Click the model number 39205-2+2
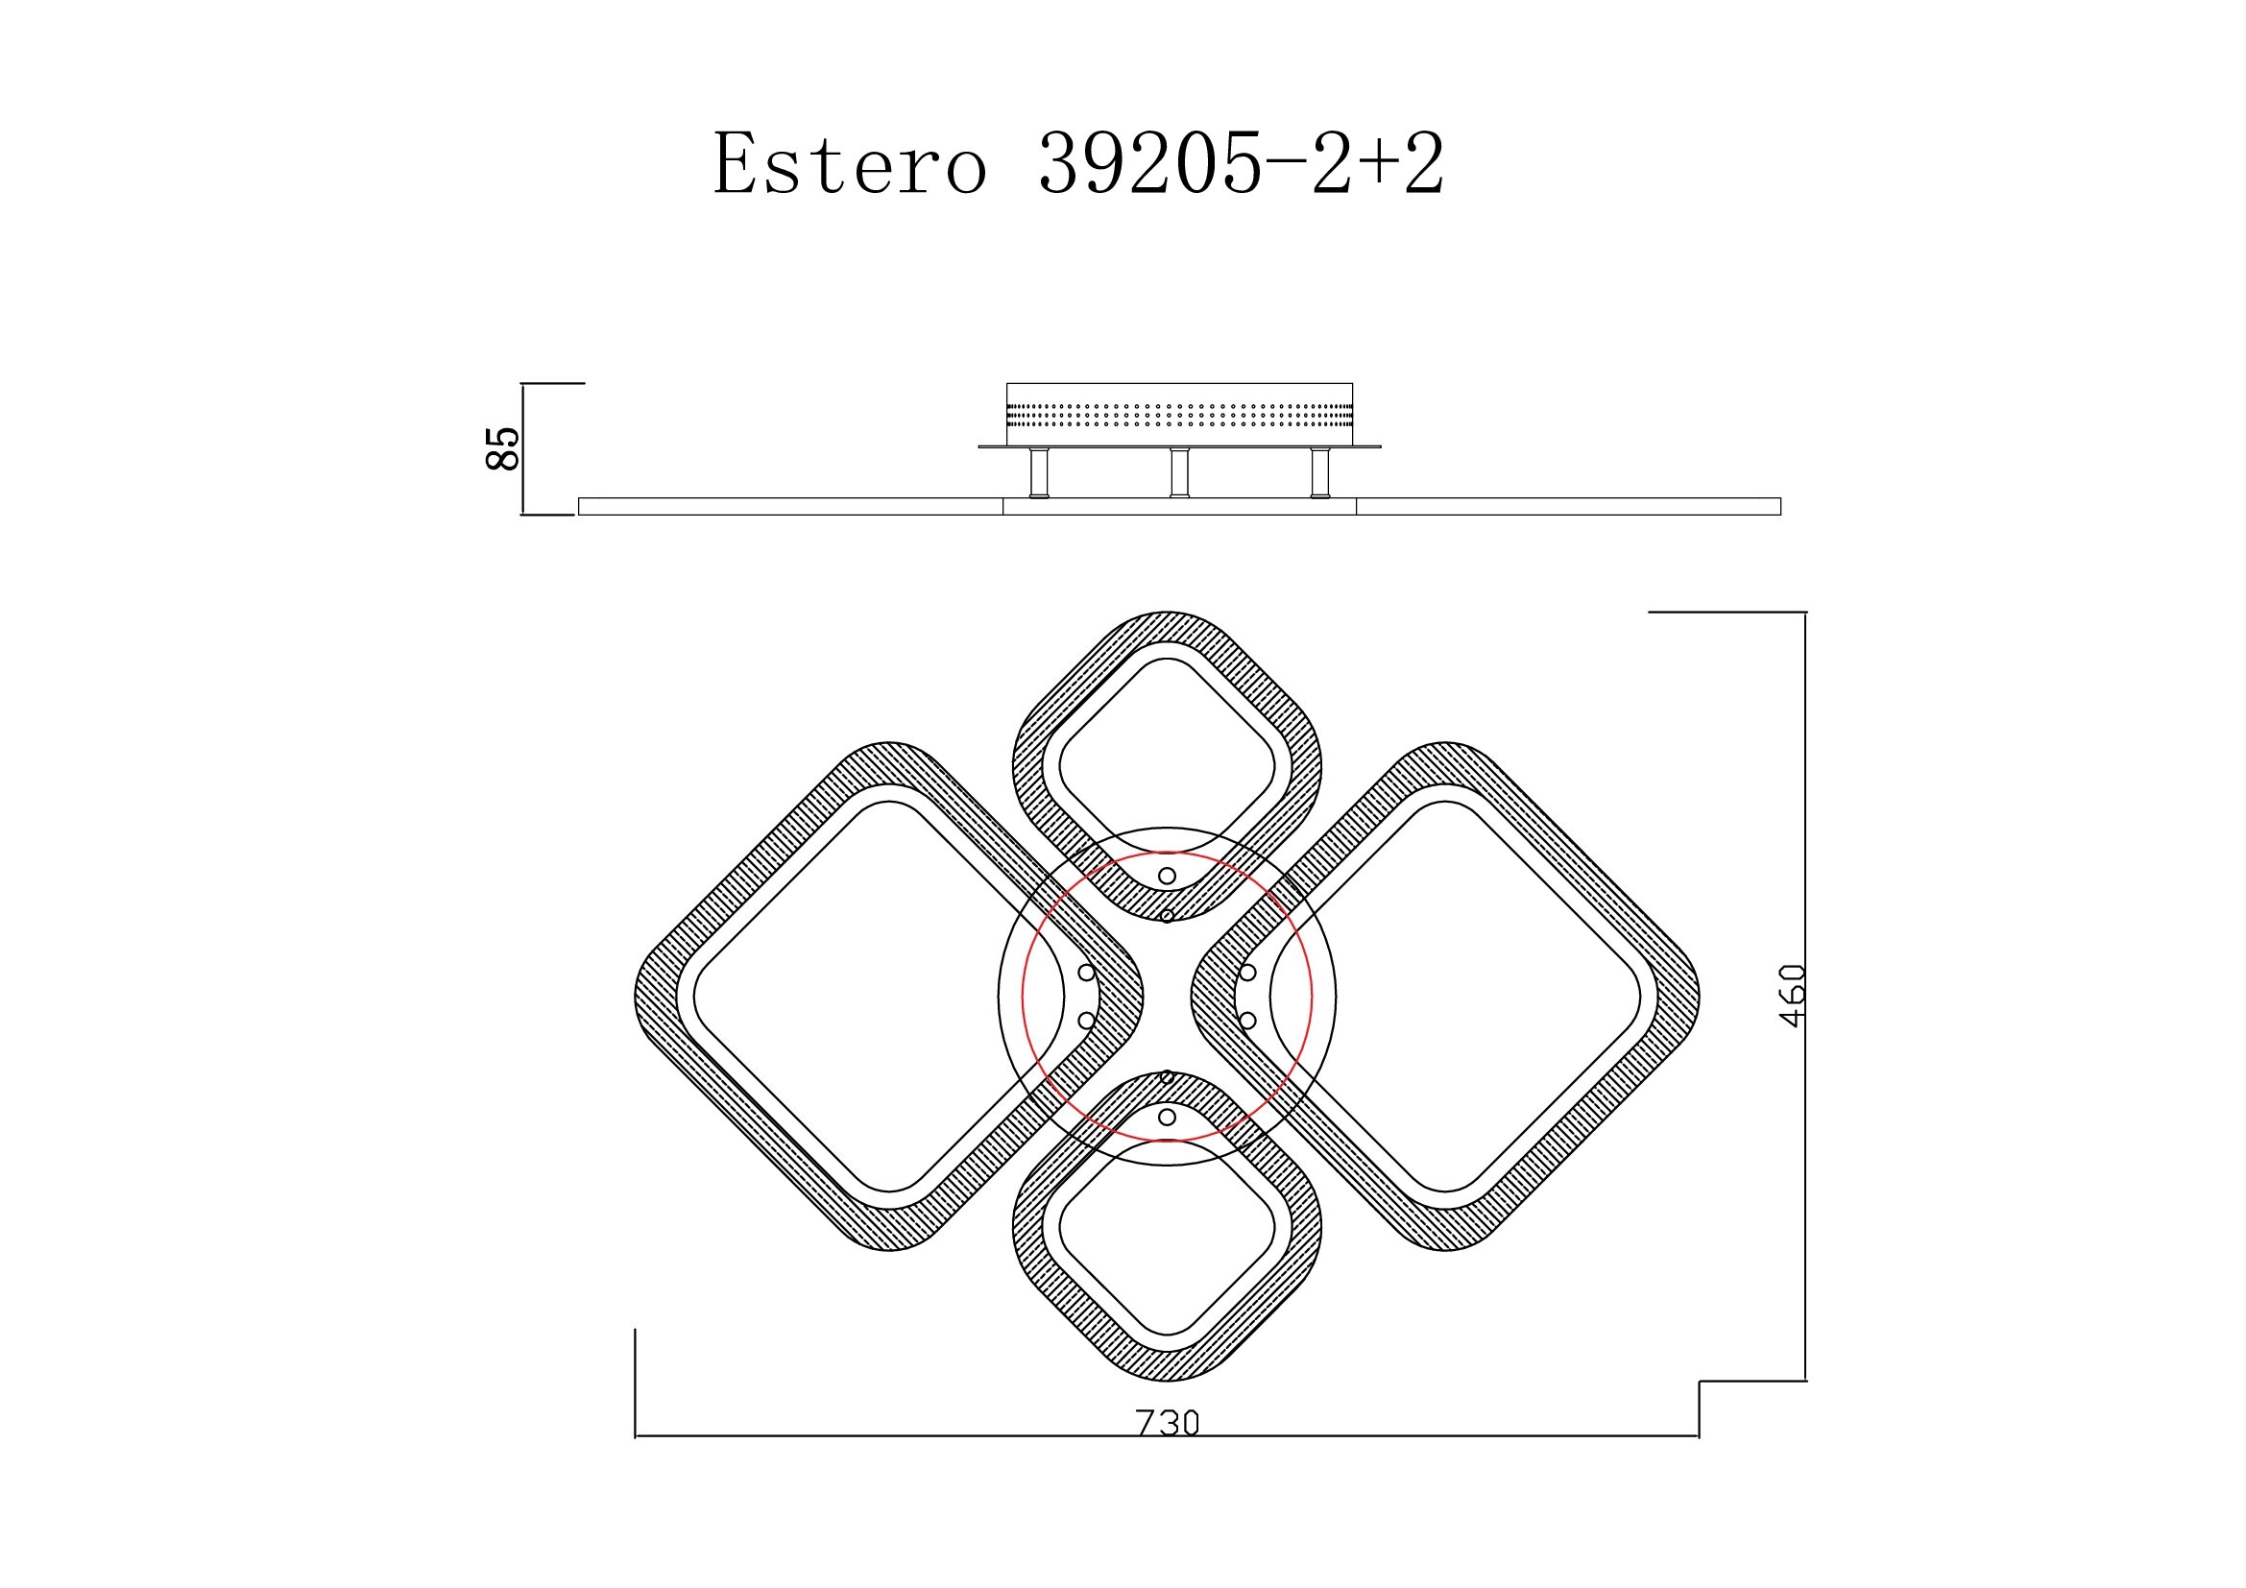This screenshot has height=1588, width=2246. coord(1242,163)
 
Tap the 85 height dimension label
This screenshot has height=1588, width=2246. coord(503,448)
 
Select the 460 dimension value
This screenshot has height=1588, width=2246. coord(1792,996)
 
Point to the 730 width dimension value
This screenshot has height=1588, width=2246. coord(1167,1423)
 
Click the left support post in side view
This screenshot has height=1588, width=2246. coord(1039,473)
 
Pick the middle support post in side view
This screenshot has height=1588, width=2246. coord(1181,473)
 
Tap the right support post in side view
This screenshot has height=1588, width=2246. coord(1320,473)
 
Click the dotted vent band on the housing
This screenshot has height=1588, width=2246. coord(1180,416)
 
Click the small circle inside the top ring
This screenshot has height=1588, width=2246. coord(1167,877)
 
